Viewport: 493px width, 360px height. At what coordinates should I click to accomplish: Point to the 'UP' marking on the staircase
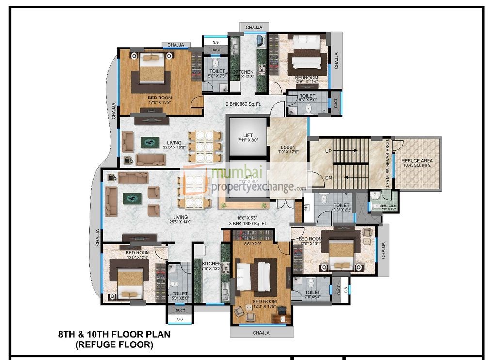coord(328,151)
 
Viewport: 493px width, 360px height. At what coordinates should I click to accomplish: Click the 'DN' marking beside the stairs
coord(328,178)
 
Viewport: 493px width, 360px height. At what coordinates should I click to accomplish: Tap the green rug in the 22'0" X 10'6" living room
coord(150,143)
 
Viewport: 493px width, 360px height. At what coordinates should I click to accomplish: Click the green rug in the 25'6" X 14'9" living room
coord(131,197)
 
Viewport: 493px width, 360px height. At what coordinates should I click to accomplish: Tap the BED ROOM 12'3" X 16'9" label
coord(265,304)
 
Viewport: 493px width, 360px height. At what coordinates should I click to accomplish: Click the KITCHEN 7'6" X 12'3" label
coord(211,266)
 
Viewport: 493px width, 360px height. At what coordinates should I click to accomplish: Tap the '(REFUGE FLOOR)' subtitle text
coord(114,345)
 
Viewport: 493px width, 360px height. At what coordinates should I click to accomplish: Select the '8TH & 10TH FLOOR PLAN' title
coord(114,335)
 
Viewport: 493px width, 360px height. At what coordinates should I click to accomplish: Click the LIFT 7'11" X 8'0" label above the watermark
coord(248,137)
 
